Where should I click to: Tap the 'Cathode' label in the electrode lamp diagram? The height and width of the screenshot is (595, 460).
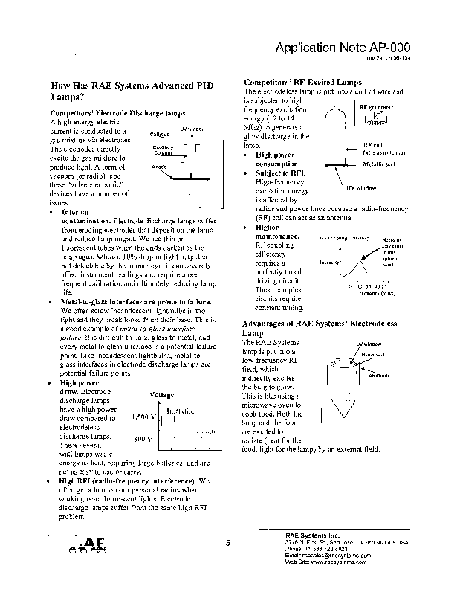point(160,134)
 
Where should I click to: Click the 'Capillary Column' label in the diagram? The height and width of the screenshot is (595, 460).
point(163,149)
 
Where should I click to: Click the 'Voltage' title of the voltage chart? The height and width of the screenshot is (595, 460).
point(162,395)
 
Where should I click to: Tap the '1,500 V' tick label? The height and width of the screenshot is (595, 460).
point(143,417)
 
